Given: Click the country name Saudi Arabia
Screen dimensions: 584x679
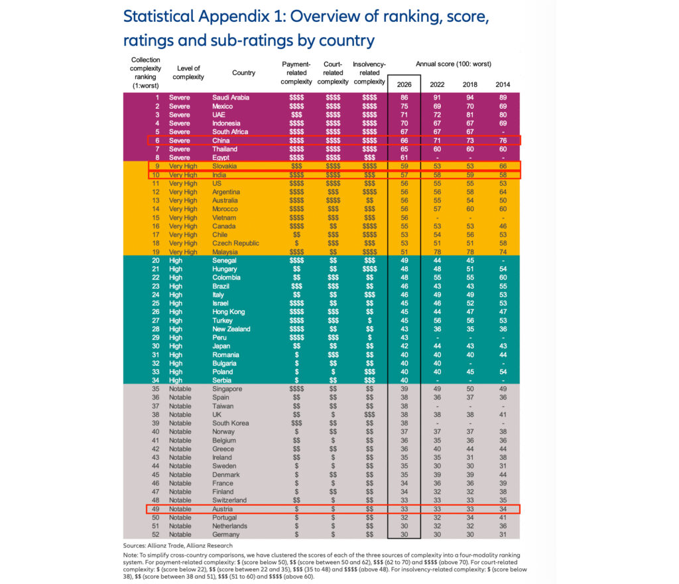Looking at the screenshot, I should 231,98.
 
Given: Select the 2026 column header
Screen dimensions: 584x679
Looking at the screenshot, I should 404,84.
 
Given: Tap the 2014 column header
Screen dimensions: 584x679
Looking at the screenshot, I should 503,84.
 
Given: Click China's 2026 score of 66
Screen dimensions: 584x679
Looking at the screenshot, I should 404,141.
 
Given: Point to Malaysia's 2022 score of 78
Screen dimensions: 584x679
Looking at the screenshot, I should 437,252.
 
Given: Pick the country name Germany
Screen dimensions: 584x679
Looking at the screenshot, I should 226,535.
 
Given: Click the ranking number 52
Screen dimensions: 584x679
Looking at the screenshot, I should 156,535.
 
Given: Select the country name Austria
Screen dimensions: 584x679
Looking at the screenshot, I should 222,509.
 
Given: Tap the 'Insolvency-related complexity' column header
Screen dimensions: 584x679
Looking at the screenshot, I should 369,73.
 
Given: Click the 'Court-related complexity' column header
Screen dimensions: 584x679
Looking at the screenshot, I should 333,73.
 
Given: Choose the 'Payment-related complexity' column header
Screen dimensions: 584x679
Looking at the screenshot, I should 296,73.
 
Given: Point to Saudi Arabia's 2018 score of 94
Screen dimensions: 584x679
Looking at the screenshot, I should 470,98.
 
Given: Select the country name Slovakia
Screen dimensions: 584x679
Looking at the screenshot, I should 225,167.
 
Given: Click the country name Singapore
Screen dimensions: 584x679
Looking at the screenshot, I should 227,389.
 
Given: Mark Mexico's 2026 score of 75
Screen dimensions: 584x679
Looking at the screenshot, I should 404,106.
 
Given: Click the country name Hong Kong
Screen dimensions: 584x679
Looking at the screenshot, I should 229,312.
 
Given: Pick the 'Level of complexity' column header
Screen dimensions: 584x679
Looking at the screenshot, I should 189,72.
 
